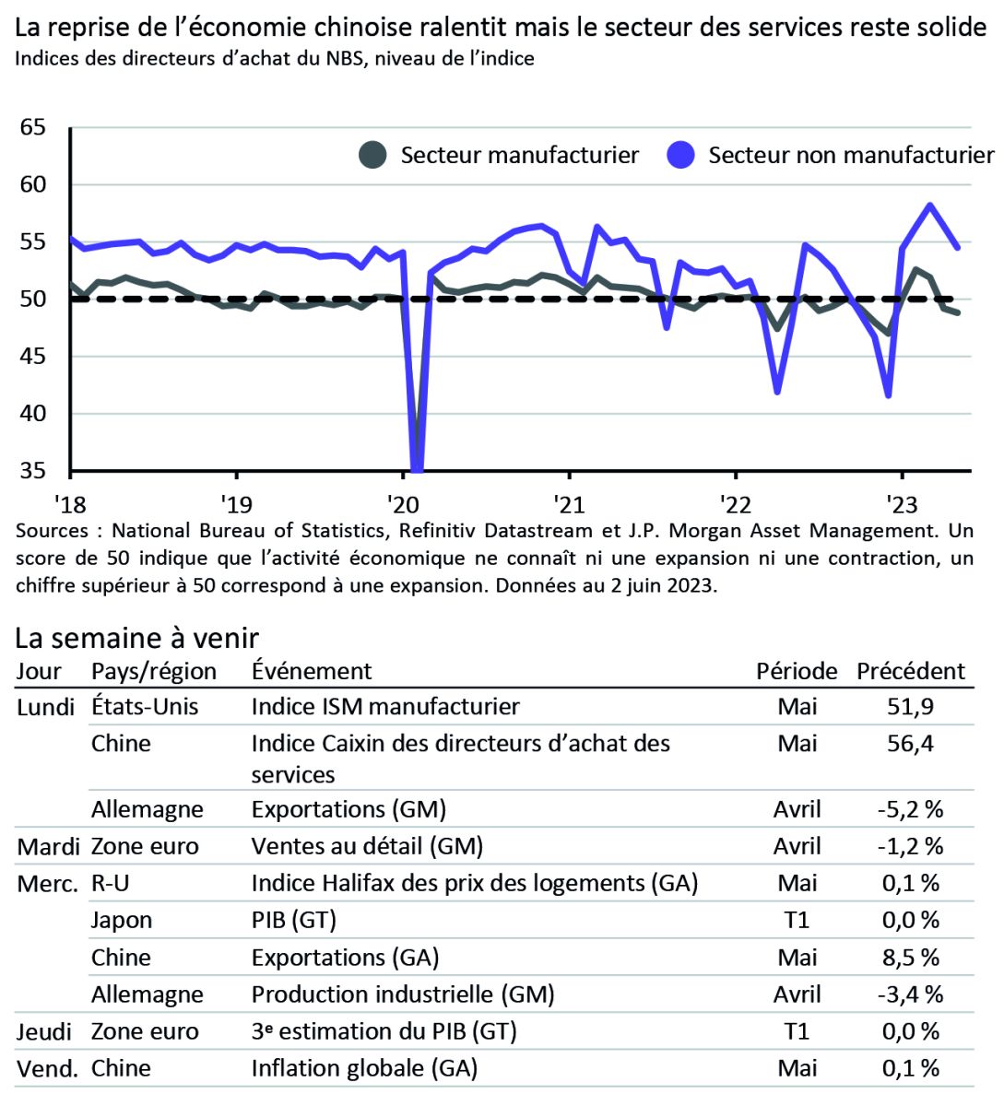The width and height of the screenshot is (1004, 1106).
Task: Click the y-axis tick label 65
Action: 32,127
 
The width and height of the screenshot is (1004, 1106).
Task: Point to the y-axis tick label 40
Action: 32,414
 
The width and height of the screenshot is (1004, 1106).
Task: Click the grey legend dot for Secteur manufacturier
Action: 372,155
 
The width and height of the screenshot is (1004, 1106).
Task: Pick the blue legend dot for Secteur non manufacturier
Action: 680,155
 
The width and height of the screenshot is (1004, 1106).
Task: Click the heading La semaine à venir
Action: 137,638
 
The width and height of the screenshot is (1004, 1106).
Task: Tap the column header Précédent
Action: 910,671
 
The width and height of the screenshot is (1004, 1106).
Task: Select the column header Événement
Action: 312,671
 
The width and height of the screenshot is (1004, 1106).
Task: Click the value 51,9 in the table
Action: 910,707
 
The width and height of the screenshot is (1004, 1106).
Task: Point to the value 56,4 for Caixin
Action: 910,744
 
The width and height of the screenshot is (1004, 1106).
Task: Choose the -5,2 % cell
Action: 910,809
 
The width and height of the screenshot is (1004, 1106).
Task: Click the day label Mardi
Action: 49,847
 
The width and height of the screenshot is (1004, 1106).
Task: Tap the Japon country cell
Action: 122,920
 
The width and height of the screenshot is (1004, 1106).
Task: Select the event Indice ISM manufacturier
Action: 385,707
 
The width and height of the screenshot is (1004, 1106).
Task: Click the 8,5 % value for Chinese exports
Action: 910,958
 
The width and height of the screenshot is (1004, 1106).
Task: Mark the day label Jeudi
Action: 44,1031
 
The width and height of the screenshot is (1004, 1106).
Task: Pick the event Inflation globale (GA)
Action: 364,1068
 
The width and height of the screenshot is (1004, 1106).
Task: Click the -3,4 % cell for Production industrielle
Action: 910,994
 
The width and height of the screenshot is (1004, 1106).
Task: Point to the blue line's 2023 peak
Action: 930,205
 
